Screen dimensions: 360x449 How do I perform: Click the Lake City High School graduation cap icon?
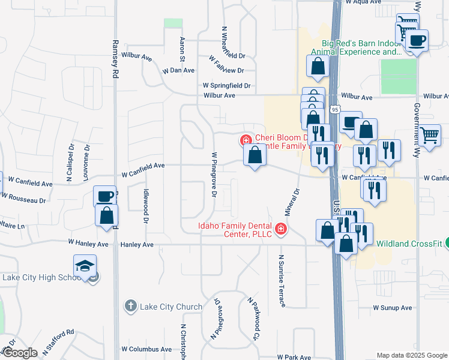tap(85, 265)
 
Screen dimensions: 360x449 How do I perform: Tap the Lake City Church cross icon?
tap(130, 307)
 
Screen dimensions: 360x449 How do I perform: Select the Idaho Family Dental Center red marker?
tap(280, 229)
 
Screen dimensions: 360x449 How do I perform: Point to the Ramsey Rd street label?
tap(115, 59)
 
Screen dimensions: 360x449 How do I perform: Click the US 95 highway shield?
tap(335, 109)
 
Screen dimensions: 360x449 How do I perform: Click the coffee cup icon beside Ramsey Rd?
tap(105, 196)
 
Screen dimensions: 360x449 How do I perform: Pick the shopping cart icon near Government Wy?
tap(430, 135)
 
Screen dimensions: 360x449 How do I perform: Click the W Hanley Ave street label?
tap(88, 244)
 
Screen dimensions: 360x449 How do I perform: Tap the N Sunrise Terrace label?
tap(281, 281)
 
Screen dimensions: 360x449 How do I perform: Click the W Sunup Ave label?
tap(392, 307)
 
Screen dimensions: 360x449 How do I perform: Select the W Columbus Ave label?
tap(146, 349)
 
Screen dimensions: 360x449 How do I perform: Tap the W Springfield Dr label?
tap(226, 86)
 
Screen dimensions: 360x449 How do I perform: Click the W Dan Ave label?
tap(178, 70)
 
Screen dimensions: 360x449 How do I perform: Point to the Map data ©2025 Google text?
tap(411, 355)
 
